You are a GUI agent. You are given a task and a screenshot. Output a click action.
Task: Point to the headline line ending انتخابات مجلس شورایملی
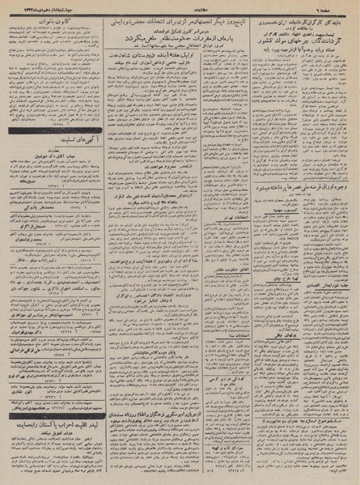click(x=179, y=18)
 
